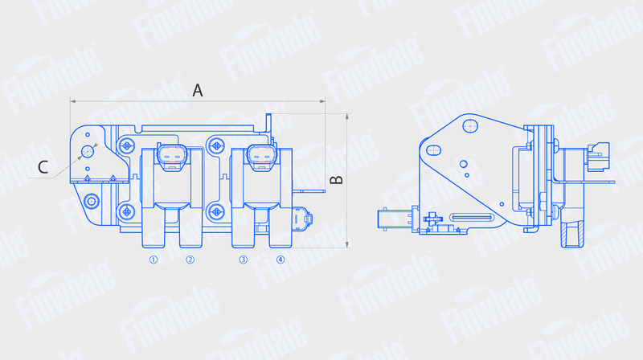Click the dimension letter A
[198, 90]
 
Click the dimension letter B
[337, 179]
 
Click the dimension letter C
[43, 167]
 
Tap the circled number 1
[154, 260]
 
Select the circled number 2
[190, 260]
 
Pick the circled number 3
[244, 260]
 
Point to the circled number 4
[280, 260]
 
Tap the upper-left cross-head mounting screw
[127, 145]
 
